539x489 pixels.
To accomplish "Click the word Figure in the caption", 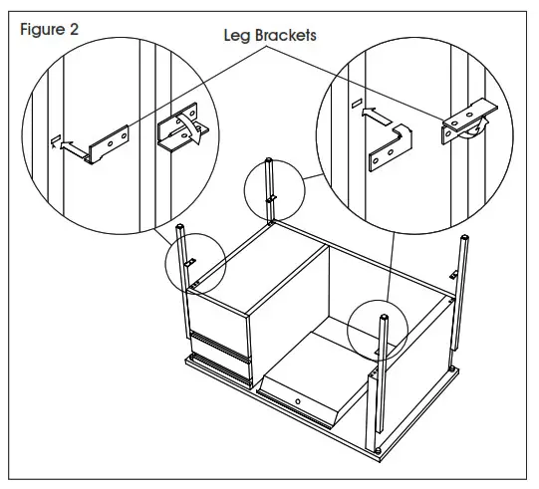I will [x=44, y=29].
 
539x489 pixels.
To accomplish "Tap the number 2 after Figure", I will [x=75, y=29].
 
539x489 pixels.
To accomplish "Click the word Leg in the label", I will [x=237, y=35].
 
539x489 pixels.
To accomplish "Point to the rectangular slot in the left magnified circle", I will [x=57, y=140].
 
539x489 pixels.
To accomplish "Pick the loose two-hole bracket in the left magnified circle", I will [x=107, y=142].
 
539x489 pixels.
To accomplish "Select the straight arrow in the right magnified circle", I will [x=376, y=114].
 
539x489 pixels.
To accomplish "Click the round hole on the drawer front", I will [x=299, y=401].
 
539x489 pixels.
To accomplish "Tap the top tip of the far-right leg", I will [x=464, y=238].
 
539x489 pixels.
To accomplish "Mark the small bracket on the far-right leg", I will [x=454, y=274].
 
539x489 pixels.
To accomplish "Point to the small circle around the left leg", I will [x=194, y=262].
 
